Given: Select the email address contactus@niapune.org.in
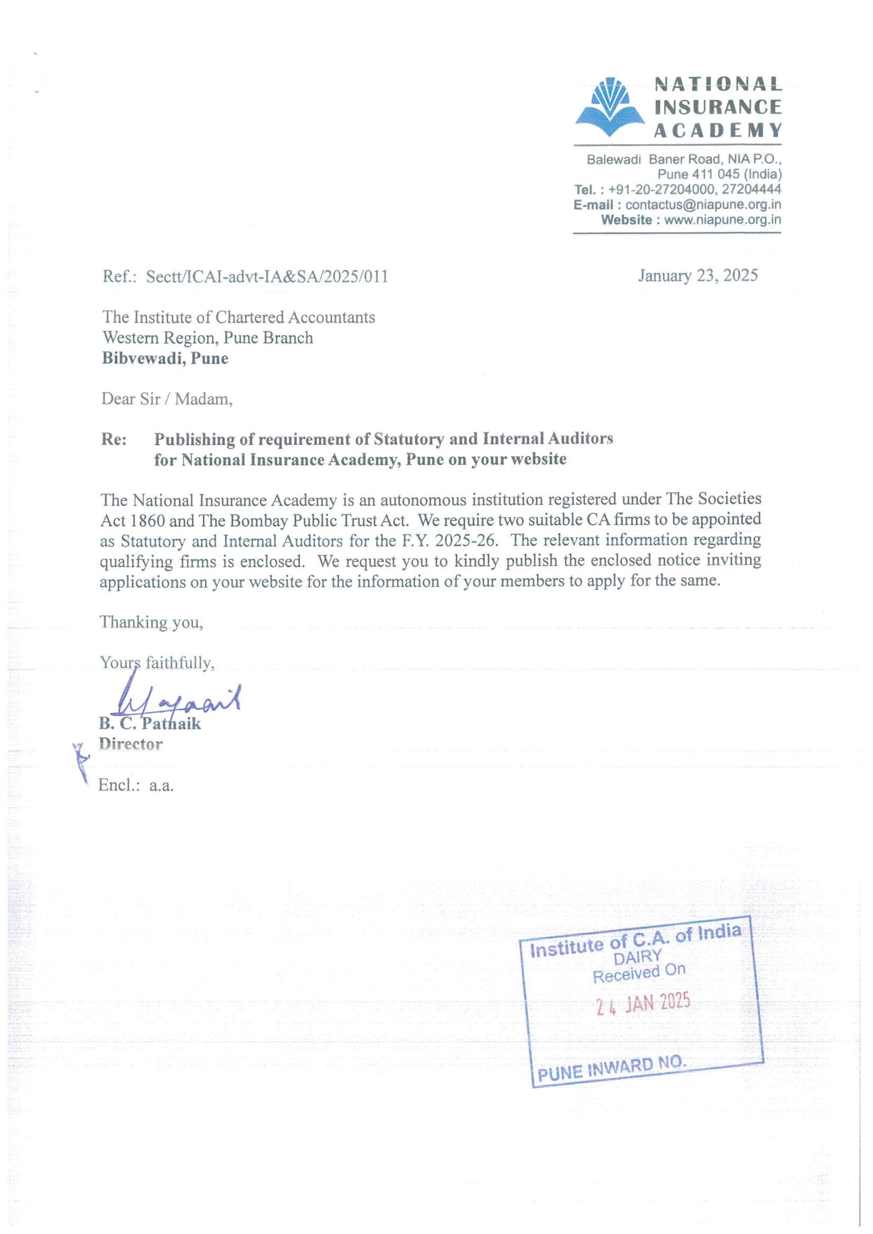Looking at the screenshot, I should (703, 205).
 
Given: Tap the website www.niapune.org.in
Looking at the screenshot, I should (722, 220).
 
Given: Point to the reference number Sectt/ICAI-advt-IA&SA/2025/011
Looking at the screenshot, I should (267, 277).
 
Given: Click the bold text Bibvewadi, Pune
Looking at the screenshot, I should (165, 359).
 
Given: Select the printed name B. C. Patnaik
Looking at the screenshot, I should (149, 724).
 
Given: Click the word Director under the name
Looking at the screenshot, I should (130, 744).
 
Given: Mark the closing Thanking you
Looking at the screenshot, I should (151, 622).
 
